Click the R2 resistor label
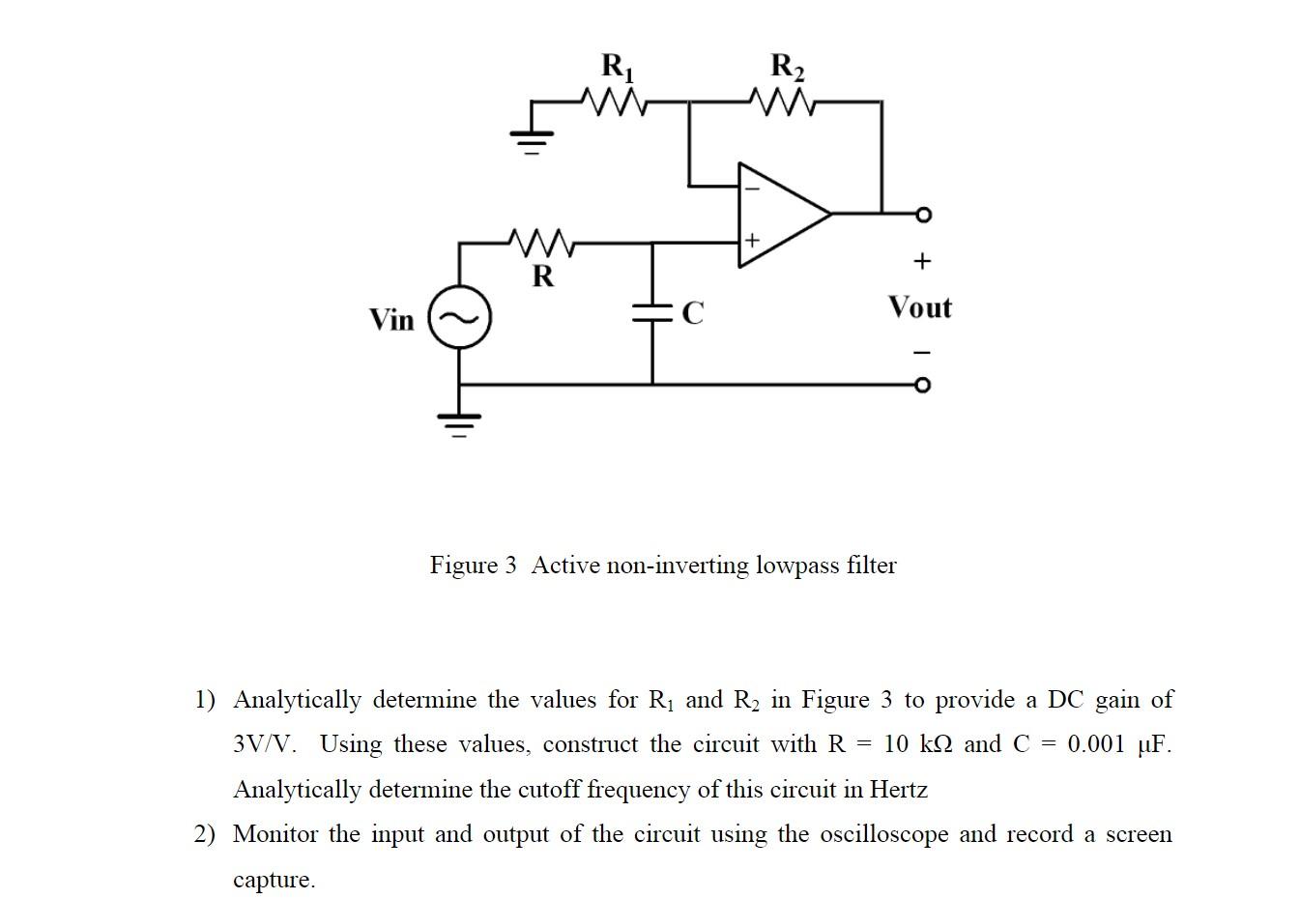tap(787, 67)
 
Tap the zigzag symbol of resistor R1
tap(614, 101)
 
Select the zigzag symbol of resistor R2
tap(784, 101)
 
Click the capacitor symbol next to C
tap(652, 312)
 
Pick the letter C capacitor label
tap(693, 313)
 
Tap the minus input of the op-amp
tap(751, 188)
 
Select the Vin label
tap(391, 320)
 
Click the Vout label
tap(919, 308)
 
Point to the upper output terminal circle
tap(923, 214)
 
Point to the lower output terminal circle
tap(923, 386)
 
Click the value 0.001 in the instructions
tap(1096, 744)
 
